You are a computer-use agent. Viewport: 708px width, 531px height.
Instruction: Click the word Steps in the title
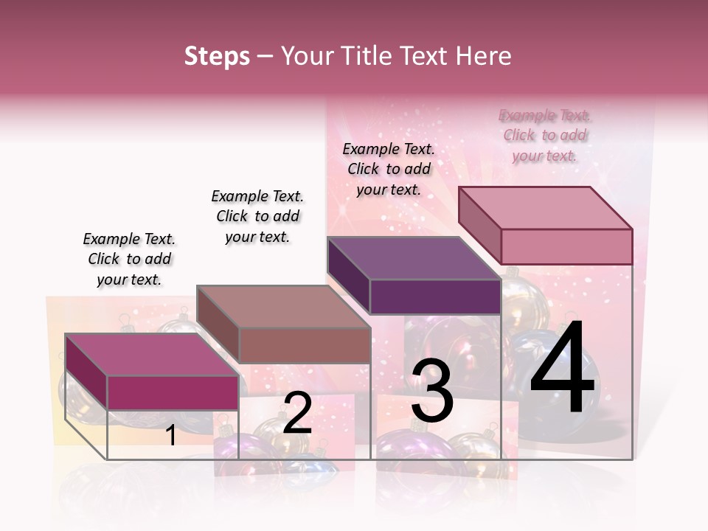[x=217, y=56]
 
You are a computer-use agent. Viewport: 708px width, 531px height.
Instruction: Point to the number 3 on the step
[x=431, y=391]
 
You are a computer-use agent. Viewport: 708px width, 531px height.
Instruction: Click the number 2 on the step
[x=297, y=413]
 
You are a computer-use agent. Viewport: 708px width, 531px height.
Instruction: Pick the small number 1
[x=171, y=435]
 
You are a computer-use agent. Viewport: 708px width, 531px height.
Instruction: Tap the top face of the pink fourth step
[x=545, y=208]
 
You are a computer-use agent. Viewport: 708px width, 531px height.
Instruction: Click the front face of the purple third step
[x=435, y=297]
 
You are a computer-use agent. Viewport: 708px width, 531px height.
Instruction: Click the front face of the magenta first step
[x=173, y=392]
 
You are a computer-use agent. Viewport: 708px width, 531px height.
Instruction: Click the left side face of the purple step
[x=348, y=274]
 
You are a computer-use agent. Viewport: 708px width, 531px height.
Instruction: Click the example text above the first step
[x=129, y=259]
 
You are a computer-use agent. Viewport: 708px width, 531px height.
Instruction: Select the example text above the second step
[x=257, y=216]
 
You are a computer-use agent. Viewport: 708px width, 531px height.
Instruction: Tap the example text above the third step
[x=389, y=169]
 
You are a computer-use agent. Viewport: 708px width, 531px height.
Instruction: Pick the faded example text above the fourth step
[x=544, y=135]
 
